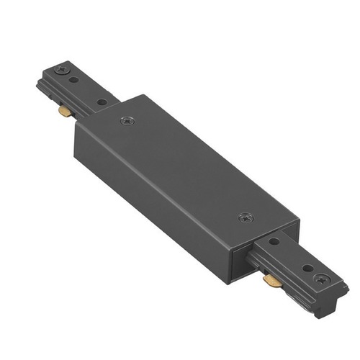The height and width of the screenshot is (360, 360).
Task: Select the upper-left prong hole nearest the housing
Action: tap(102, 102)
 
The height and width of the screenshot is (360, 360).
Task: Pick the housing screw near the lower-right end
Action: tap(246, 216)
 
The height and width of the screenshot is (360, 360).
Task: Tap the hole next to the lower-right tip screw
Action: tap(307, 268)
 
